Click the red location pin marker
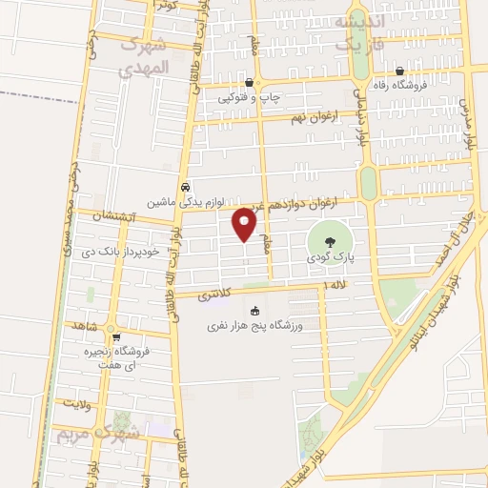pos(245,223)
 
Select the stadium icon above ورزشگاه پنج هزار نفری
pos(254,311)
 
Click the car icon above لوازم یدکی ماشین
pos(185,188)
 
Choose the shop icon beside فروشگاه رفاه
pos(399,71)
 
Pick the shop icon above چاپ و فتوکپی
pos(250,83)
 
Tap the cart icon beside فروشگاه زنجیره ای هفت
pos(116,336)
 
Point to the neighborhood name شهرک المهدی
pos(144,57)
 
